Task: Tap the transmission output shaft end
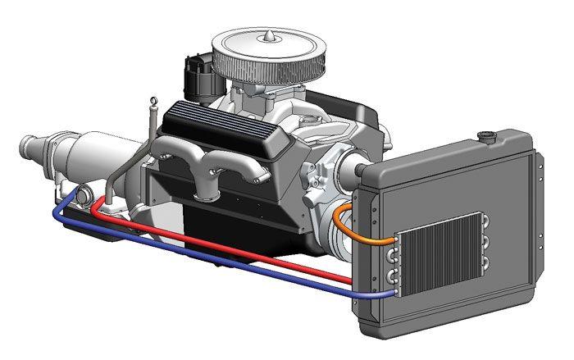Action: (x=26, y=147)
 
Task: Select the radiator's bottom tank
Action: (x=443, y=316)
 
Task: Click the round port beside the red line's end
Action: (x=85, y=196)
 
